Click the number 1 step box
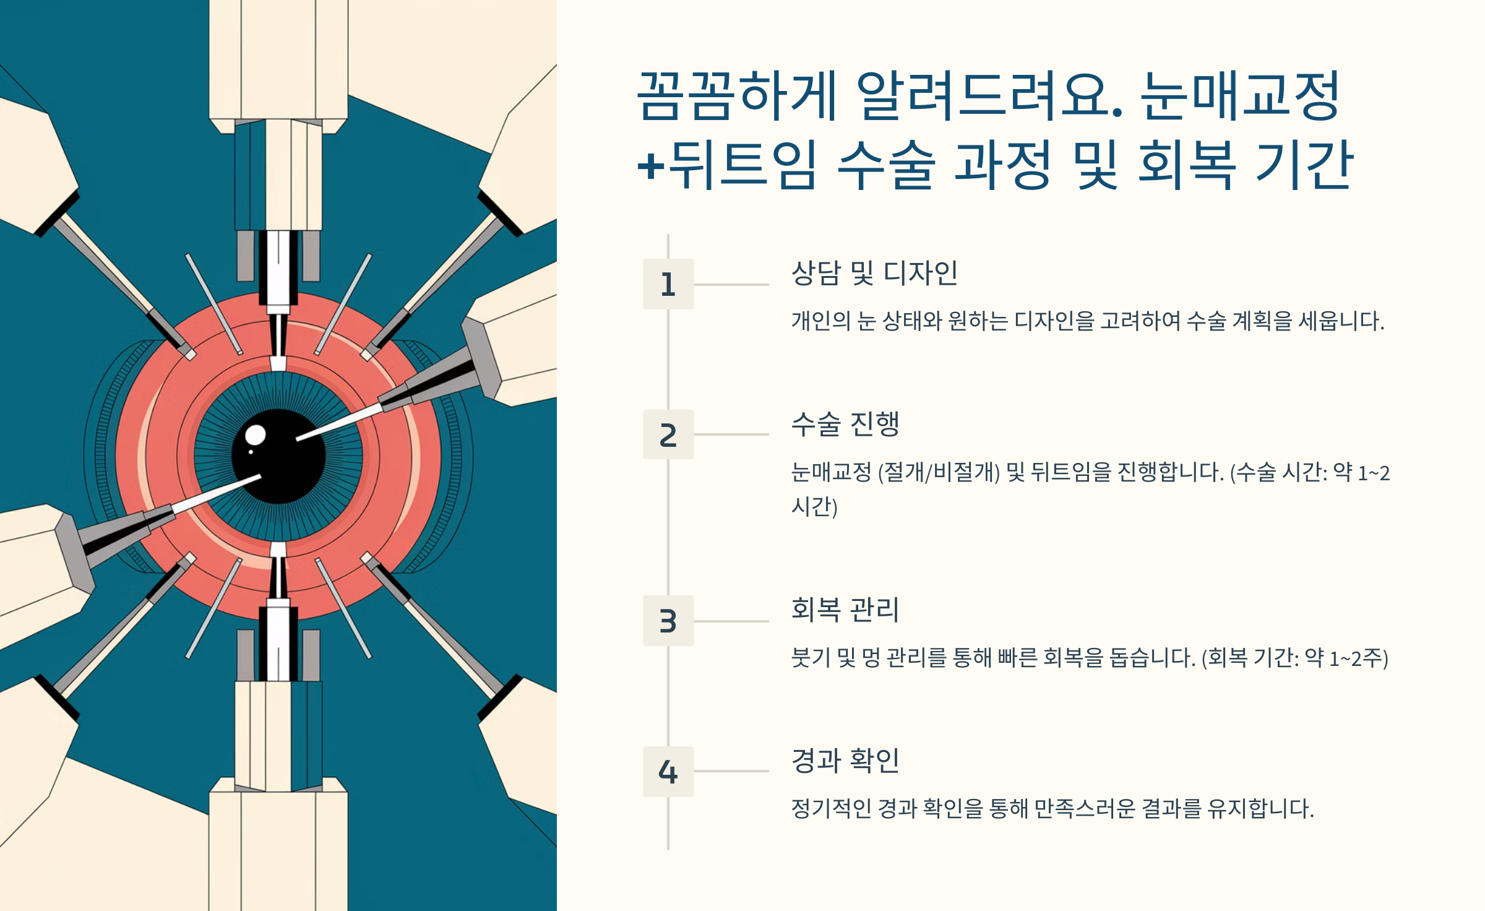pyautogui.click(x=668, y=284)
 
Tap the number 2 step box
pyautogui.click(x=668, y=434)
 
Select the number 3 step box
pyautogui.click(x=668, y=621)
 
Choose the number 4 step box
pyautogui.click(x=668, y=771)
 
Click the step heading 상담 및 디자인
pyautogui.click(x=874, y=273)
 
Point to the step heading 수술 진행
pyautogui.click(x=845, y=424)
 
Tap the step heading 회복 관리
pyautogui.click(x=845, y=610)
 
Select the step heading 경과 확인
pyautogui.click(x=845, y=761)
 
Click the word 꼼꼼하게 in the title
pyautogui.click(x=736, y=96)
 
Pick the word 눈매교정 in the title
pyautogui.click(x=1240, y=96)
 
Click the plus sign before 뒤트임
pyautogui.click(x=651, y=166)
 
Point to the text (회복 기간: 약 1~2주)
pyautogui.click(x=1294, y=658)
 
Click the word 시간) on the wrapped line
pyautogui.click(x=814, y=507)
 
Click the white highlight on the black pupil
pyautogui.click(x=255, y=435)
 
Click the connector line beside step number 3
pyautogui.click(x=731, y=621)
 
